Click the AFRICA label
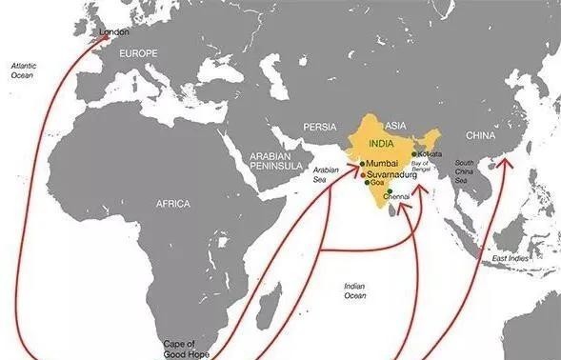(x=173, y=204)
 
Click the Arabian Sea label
(x=327, y=174)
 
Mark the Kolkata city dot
(x=414, y=153)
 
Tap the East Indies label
(x=509, y=258)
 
